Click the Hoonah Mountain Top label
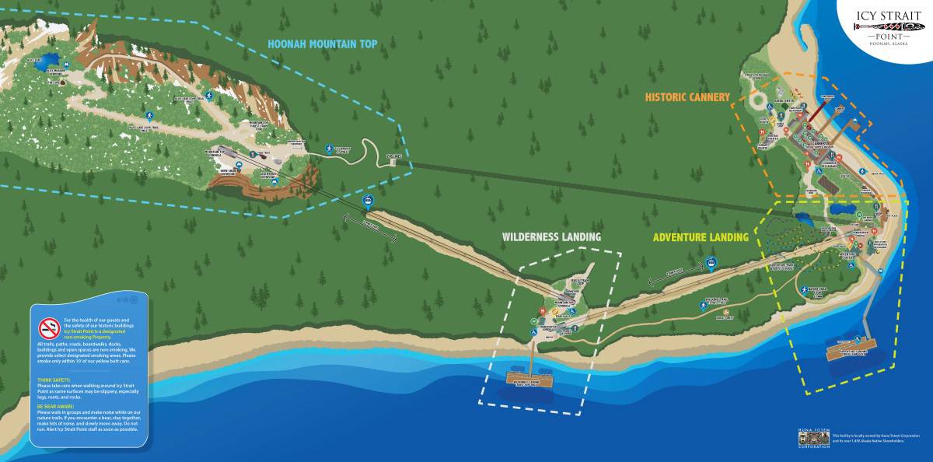pos(322,44)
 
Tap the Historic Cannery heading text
pos(687,97)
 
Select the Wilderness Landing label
pos(551,236)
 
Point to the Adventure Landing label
pos(700,237)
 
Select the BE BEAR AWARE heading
pos(56,405)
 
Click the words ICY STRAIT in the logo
pos(889,14)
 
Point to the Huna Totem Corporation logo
pos(814,437)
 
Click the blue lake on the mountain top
pos(51,60)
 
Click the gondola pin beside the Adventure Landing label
pos(711,263)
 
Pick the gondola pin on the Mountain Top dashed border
pos(367,202)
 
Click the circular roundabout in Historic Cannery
pos(757,101)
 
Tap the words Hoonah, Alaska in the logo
pos(889,44)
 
